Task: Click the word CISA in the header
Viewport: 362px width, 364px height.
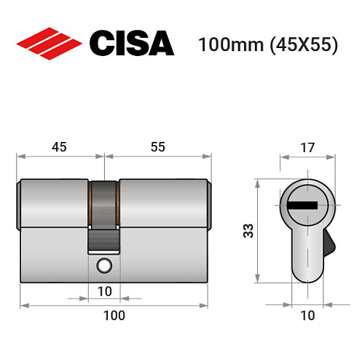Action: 131,43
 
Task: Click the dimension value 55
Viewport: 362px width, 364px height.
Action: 157,146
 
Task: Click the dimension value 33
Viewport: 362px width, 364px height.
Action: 248,231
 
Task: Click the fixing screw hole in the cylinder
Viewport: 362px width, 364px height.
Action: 106,266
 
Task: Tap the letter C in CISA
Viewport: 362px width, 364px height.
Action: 101,43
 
